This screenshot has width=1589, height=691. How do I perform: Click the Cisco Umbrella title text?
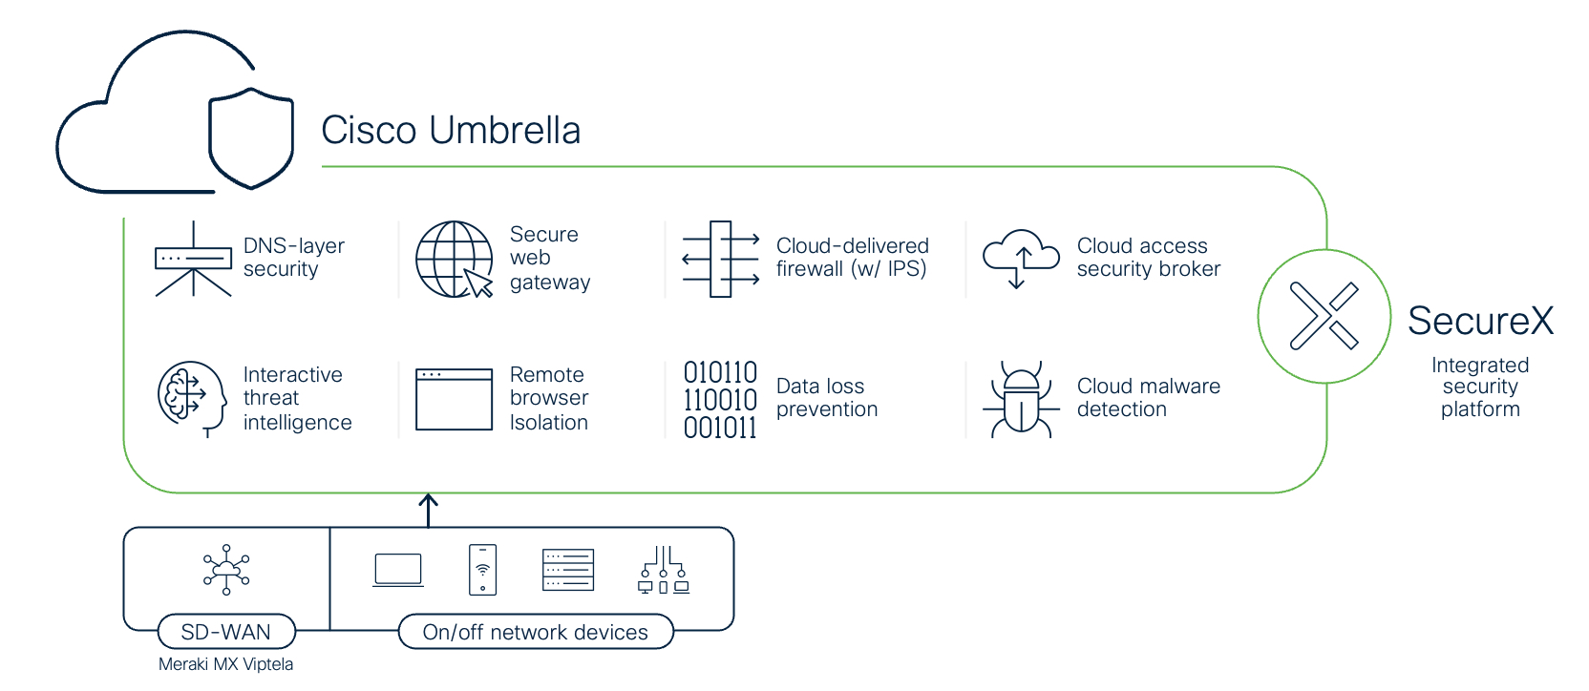pos(451,131)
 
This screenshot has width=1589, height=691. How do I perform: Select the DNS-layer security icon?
pos(193,259)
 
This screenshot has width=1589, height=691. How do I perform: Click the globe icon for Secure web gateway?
pos(454,260)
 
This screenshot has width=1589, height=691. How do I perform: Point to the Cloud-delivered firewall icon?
pos(721,260)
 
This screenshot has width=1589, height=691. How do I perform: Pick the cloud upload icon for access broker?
pos(1021,259)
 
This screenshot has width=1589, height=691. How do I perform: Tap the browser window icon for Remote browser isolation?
pos(454,399)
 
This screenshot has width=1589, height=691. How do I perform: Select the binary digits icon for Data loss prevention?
pos(720,400)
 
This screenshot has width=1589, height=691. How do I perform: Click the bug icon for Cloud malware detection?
pos(1021,399)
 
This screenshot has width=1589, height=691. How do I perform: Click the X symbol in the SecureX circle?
pos(1324,316)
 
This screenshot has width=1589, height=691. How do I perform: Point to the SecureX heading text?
pos(1480,321)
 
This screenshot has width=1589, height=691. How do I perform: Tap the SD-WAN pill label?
pos(226,632)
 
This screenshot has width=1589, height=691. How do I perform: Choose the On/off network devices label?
pos(536,632)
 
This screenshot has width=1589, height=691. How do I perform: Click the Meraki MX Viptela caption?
pos(225,665)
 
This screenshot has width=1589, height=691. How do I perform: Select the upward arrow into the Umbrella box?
pos(428,511)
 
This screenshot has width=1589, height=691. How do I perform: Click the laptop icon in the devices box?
pos(398,570)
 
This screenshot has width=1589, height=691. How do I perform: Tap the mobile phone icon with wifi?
pos(482,570)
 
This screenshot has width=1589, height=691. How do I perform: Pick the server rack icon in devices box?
pos(567,570)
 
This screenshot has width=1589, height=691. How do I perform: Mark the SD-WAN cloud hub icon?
pos(226,570)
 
